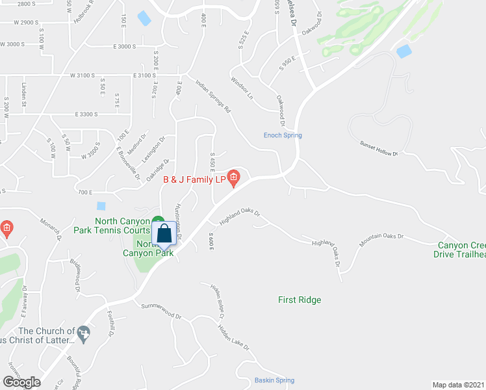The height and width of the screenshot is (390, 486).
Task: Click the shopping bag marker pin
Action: click(165, 233)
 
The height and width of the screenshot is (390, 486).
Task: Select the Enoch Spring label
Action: click(283, 135)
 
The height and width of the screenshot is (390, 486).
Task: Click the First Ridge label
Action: click(300, 300)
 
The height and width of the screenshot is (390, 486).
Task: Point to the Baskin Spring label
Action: click(274, 380)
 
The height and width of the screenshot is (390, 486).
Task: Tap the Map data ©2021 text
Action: click(459, 385)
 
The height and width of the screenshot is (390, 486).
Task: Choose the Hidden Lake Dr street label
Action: click(233, 338)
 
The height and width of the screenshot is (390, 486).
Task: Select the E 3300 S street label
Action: click(86, 114)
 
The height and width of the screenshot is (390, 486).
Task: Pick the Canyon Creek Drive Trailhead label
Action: click(461, 250)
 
